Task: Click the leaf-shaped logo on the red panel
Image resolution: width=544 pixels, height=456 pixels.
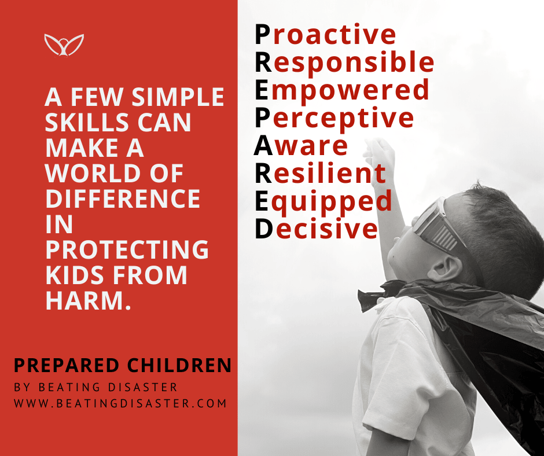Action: tap(64, 45)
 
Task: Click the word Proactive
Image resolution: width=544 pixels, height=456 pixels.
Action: tap(325, 34)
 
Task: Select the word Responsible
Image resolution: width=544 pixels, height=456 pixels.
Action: tap(344, 62)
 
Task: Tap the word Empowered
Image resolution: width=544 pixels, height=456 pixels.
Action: tap(342, 90)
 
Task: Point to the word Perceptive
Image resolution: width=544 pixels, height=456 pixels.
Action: tap(335, 117)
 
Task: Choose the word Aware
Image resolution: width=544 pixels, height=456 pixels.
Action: tap(301, 146)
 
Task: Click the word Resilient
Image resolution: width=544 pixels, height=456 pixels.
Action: tap(320, 173)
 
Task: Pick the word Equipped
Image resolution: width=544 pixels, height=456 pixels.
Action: tap(324, 201)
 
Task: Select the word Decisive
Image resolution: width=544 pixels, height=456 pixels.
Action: tap(317, 229)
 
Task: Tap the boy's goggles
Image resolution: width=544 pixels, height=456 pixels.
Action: tap(438, 225)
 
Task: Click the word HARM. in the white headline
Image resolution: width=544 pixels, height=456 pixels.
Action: tap(89, 300)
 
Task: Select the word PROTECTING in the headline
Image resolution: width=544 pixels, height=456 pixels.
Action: tap(127, 249)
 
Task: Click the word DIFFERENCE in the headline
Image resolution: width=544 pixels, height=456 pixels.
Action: tap(123, 198)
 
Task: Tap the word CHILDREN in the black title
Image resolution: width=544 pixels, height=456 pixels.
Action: tap(179, 365)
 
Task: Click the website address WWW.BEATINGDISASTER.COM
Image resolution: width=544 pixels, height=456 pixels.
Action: tap(120, 403)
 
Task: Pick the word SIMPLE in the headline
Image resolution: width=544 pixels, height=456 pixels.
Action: tap(178, 97)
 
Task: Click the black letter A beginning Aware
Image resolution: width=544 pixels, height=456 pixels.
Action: tap(263, 146)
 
